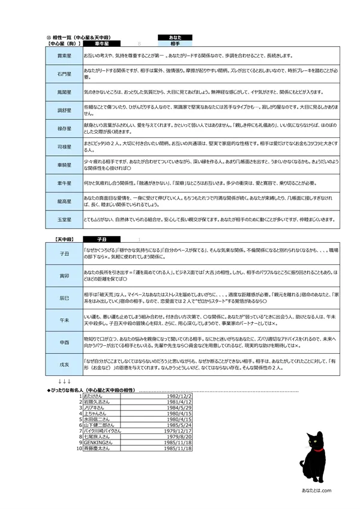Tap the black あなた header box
175,37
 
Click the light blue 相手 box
175,43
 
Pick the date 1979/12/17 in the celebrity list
178,431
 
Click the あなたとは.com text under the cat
316,491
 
